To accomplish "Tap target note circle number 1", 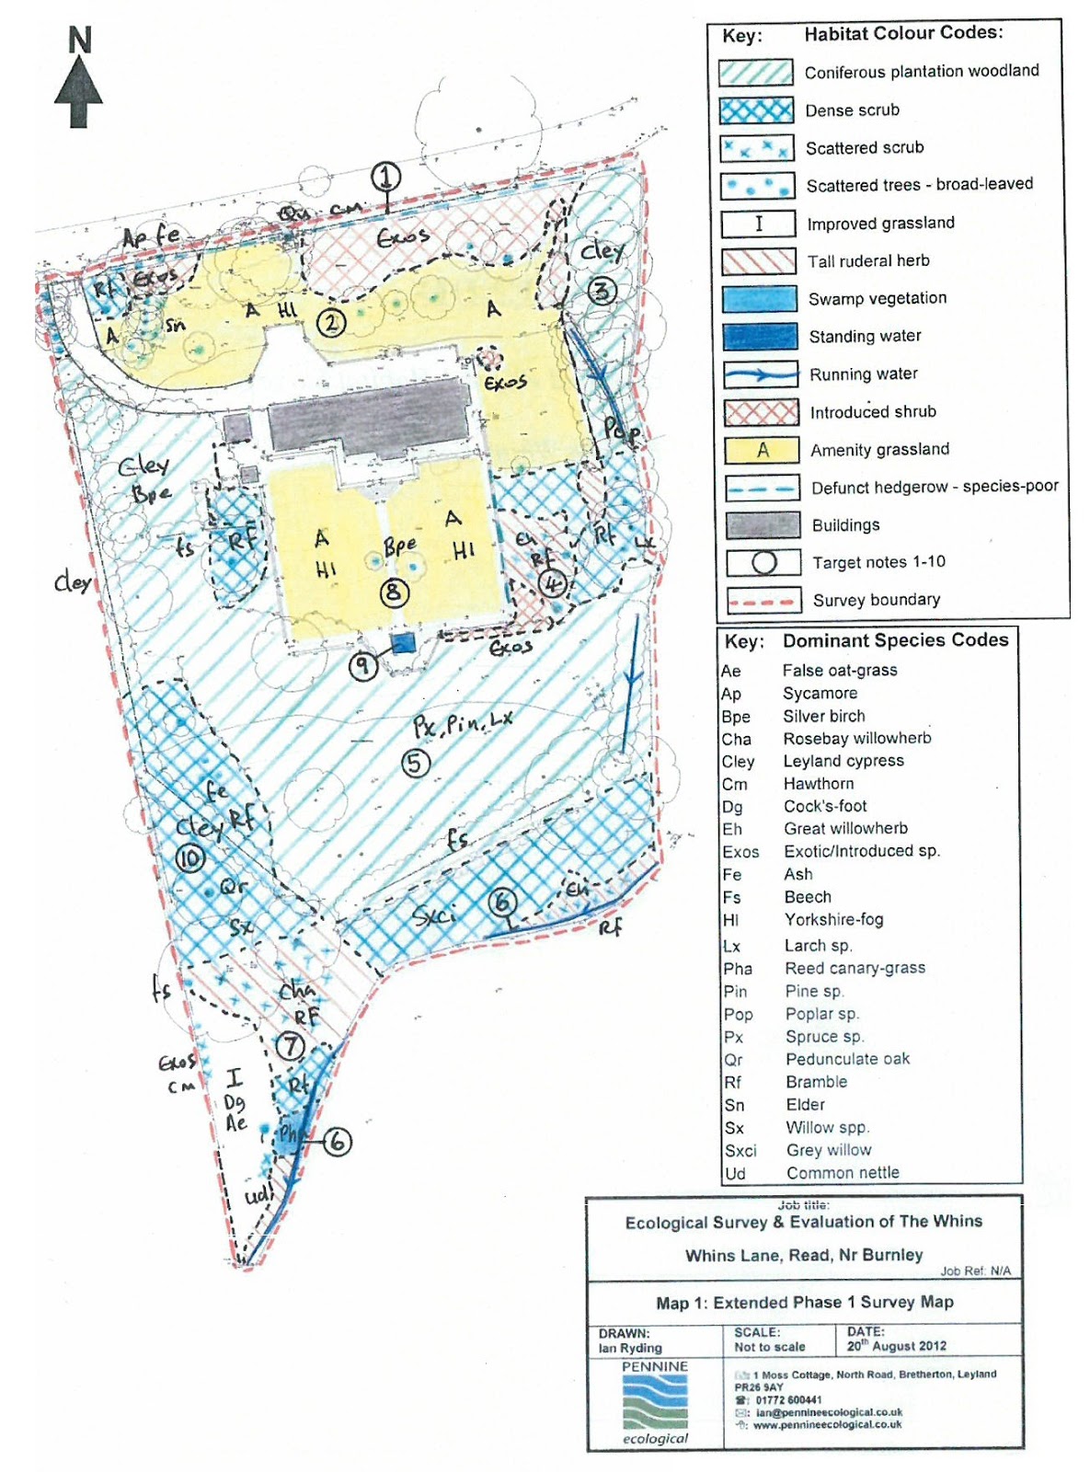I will (x=386, y=177).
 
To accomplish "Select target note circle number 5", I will (x=416, y=762).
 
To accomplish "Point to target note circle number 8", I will (x=394, y=592).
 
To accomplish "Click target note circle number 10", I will (x=190, y=858).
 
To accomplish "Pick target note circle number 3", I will (x=602, y=292).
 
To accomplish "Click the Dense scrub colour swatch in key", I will (x=757, y=110).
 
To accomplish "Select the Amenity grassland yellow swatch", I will (x=761, y=450).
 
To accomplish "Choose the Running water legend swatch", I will (x=760, y=374).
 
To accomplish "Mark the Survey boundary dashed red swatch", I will (x=761, y=601).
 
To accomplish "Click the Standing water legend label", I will (x=865, y=337).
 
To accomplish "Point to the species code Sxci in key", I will (x=740, y=1151).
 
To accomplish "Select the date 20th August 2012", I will (x=896, y=1346).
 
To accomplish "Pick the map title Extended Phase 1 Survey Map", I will (x=805, y=1303).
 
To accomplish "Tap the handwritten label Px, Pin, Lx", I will (x=462, y=725).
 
